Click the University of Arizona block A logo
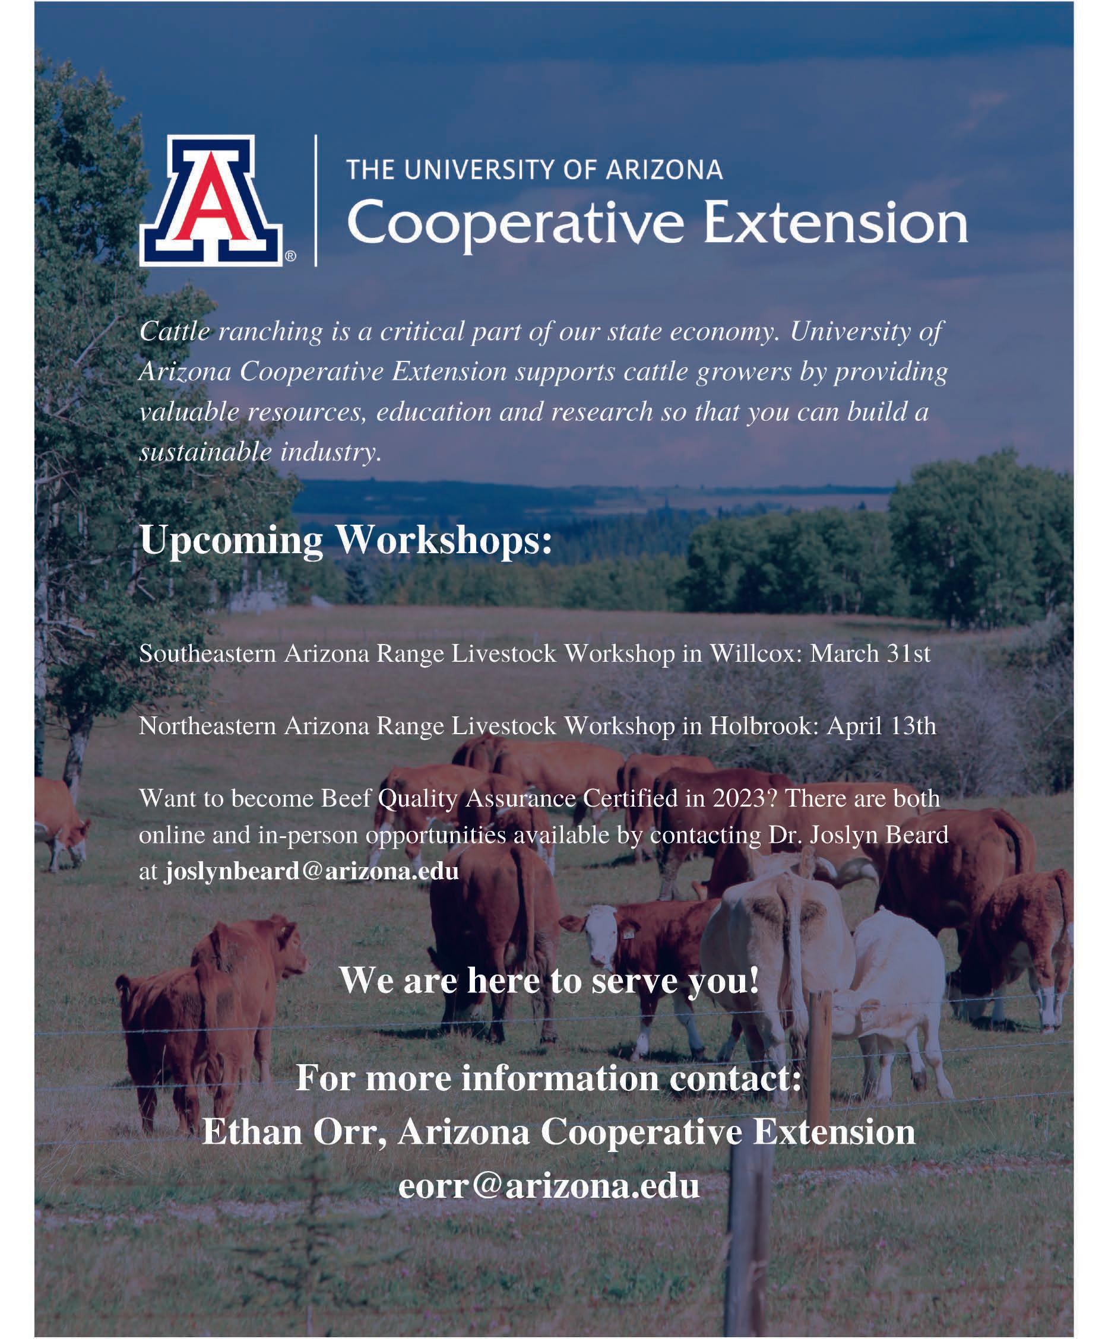coord(211,200)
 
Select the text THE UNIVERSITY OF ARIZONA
coord(534,170)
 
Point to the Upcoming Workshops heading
coord(346,541)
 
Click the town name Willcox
coord(755,653)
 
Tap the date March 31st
coord(870,653)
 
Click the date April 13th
coord(881,726)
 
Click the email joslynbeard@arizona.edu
coord(312,871)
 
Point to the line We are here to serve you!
coord(549,980)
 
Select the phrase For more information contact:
coord(549,1077)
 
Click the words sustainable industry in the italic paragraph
coord(260,452)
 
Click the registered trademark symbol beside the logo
coord(290,256)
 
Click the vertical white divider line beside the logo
coord(315,201)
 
